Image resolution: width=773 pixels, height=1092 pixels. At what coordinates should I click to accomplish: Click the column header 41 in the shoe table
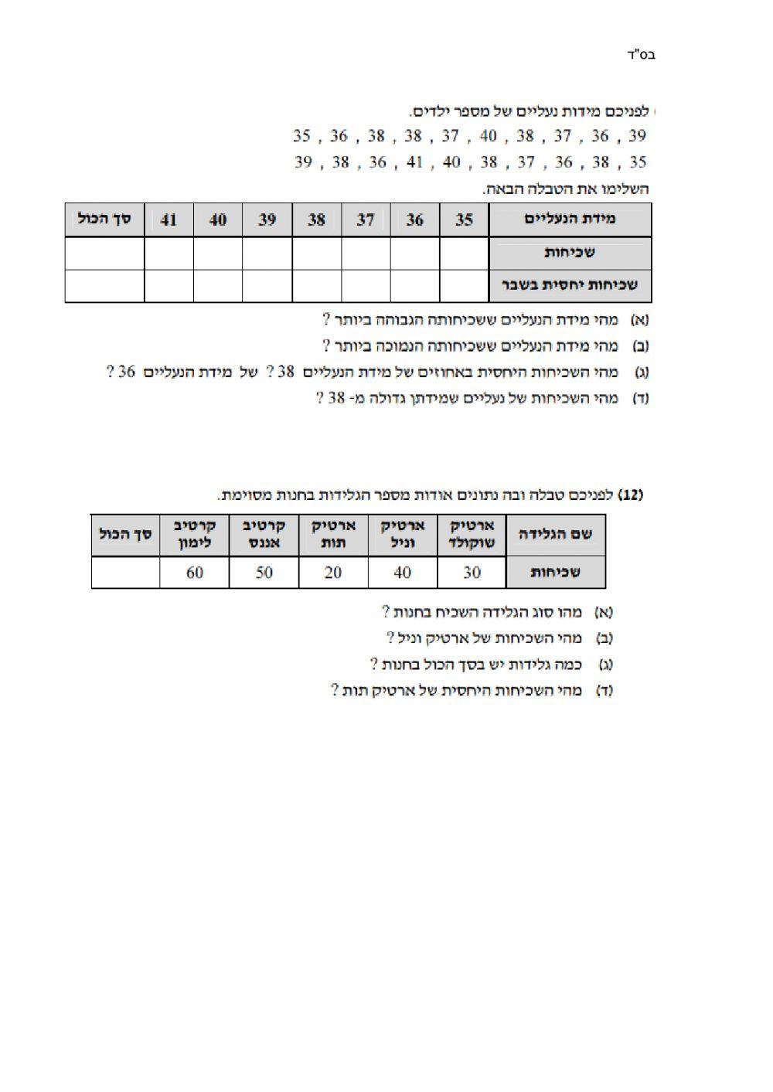click(x=169, y=219)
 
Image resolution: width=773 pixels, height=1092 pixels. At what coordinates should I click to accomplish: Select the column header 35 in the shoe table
click(x=464, y=219)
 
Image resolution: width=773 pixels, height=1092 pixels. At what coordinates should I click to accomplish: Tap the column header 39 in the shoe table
click(x=267, y=219)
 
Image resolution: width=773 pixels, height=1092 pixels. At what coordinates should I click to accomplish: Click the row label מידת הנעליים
click(x=570, y=219)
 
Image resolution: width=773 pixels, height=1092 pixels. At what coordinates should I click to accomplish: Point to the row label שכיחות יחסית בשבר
click(x=570, y=285)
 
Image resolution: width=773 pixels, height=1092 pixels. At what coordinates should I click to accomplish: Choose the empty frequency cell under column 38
click(x=316, y=253)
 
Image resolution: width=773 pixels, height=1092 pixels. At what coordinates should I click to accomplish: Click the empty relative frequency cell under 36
click(x=415, y=285)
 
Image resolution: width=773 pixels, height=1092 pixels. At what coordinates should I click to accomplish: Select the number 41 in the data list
click(x=415, y=162)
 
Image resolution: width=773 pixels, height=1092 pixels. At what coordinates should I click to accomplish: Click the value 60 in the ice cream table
click(x=194, y=573)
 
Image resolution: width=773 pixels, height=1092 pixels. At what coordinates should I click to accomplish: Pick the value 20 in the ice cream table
click(x=333, y=573)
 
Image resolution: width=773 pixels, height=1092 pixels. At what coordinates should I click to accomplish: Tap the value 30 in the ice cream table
click(x=472, y=573)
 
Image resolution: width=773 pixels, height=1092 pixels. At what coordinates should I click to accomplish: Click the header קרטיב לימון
click(x=194, y=534)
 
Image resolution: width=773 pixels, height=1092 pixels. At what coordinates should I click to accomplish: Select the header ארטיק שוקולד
click(x=472, y=534)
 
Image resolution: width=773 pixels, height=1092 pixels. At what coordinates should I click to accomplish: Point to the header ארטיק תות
click(x=333, y=534)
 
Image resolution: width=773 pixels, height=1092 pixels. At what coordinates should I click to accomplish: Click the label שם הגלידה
click(x=555, y=534)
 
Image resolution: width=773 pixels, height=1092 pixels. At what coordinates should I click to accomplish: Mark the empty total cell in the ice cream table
click(x=125, y=573)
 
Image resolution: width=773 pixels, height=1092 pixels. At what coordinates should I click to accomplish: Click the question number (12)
click(x=632, y=495)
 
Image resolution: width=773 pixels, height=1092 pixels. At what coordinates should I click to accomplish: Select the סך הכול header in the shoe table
click(x=104, y=219)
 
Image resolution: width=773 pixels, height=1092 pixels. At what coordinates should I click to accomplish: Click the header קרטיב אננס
click(x=264, y=534)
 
